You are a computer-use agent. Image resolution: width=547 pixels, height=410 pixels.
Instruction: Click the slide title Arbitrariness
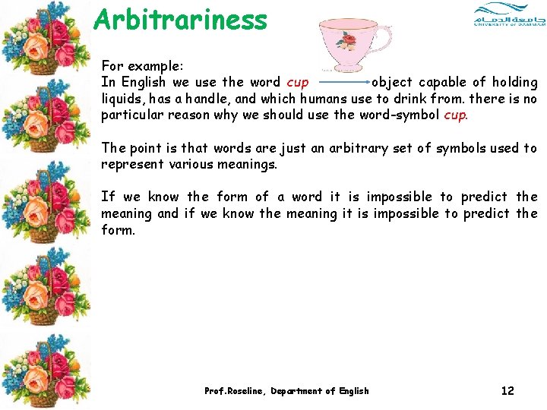point(180,20)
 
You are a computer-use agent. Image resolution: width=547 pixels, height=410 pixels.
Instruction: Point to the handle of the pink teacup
point(383,37)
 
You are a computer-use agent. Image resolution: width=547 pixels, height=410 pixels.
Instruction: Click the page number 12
point(507,391)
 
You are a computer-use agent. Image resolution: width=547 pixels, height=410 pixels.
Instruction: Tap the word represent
point(131,165)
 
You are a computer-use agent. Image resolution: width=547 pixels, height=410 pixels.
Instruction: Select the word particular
point(129,115)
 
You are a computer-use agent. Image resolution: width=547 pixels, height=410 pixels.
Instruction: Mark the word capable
point(442,82)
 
